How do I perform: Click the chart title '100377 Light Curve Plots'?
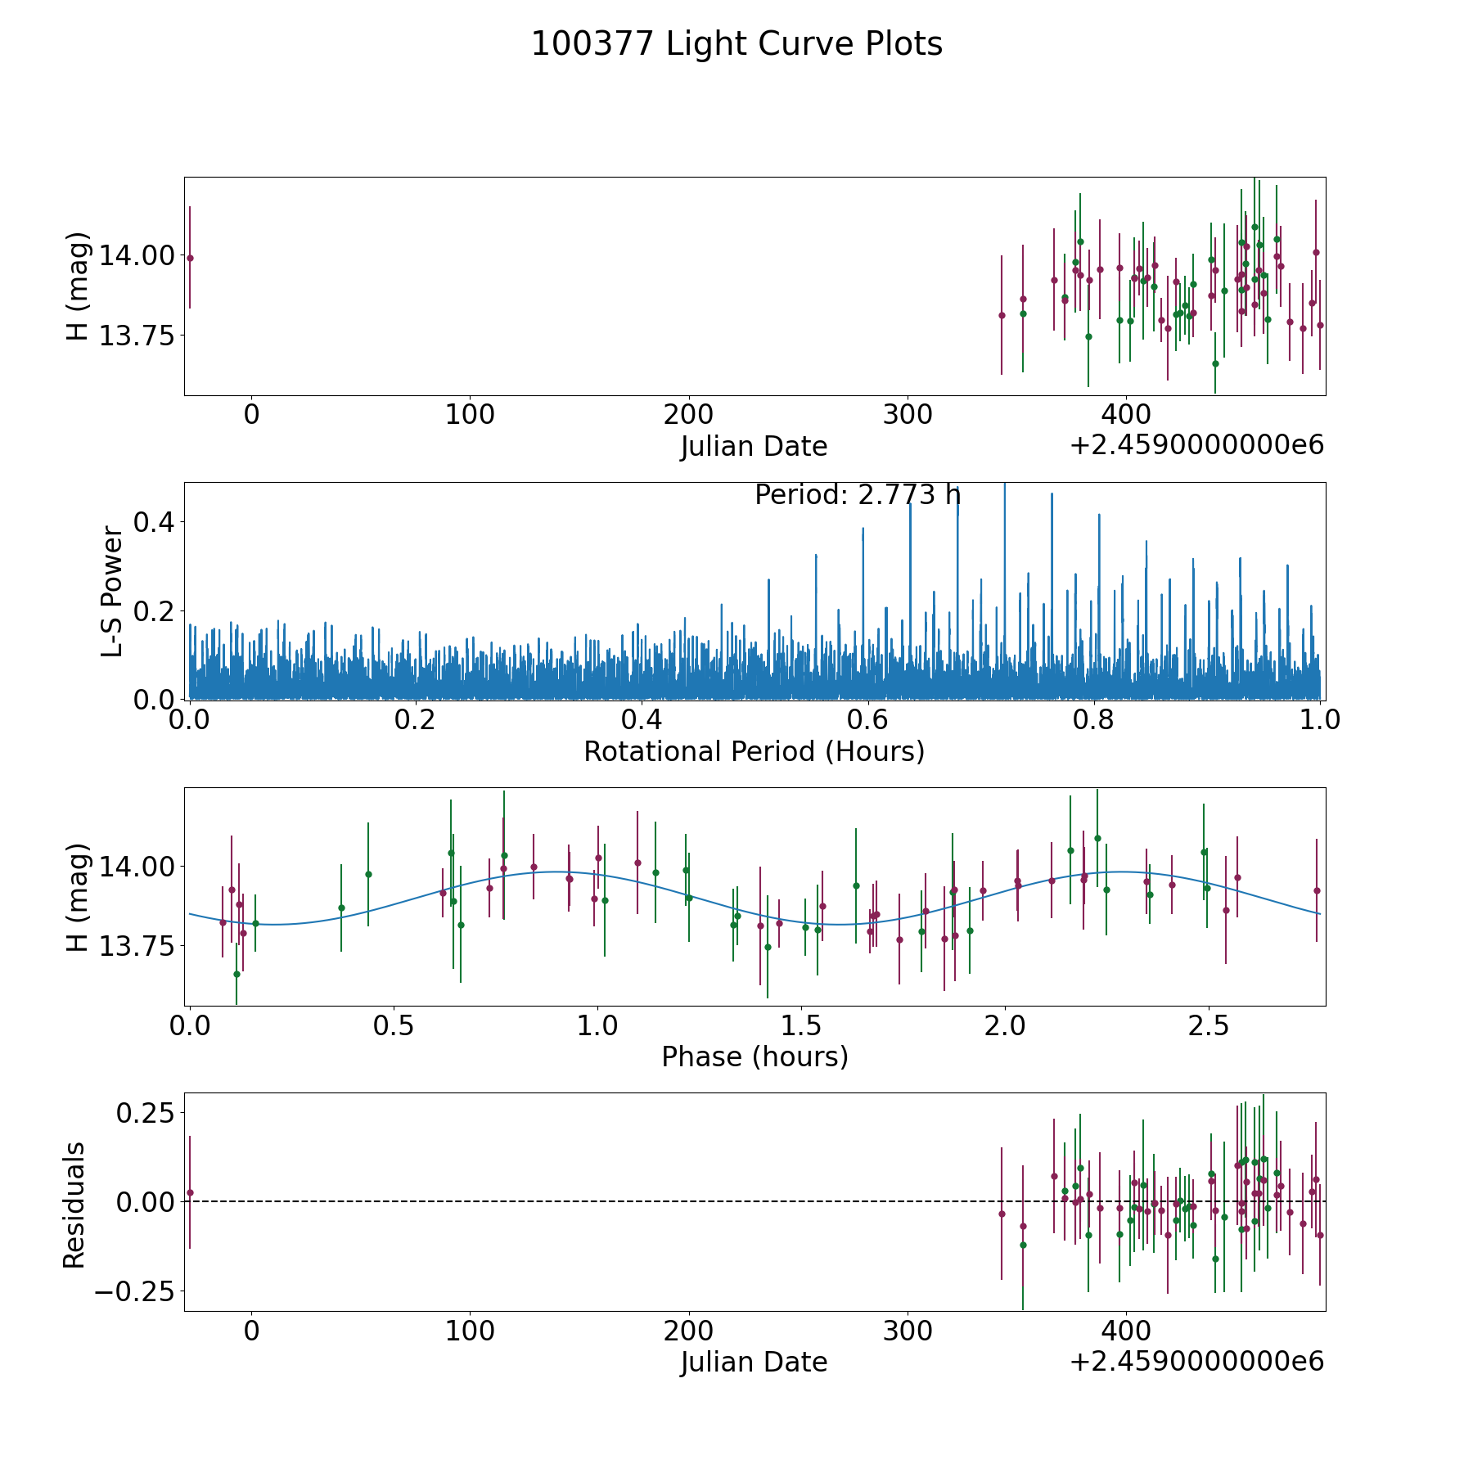pyautogui.click(x=736, y=44)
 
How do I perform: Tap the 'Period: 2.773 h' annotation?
pyautogui.click(x=857, y=495)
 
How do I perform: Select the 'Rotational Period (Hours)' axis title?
pyautogui.click(x=754, y=751)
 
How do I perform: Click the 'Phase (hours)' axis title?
pyautogui.click(x=755, y=1056)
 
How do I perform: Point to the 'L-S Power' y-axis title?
pyautogui.click(x=112, y=591)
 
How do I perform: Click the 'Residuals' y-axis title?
pyautogui.click(x=74, y=1205)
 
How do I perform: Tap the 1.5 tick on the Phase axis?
pyautogui.click(x=801, y=1026)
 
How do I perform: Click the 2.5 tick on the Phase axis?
pyautogui.click(x=1209, y=1026)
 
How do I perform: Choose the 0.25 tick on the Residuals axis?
pyautogui.click(x=146, y=1113)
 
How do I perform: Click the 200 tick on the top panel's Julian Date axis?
pyautogui.click(x=688, y=415)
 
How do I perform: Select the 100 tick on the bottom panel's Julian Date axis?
pyautogui.click(x=470, y=1331)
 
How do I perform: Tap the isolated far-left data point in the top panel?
pyautogui.click(x=190, y=258)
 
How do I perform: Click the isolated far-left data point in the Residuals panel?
pyautogui.click(x=190, y=1192)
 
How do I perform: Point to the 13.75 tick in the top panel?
pyautogui.click(x=137, y=336)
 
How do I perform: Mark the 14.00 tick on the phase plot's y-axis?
pyautogui.click(x=137, y=866)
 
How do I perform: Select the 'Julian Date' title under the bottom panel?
pyautogui.click(x=754, y=1363)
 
